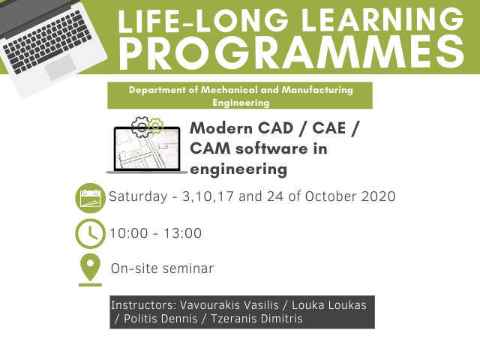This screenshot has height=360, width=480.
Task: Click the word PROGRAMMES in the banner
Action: click(x=292, y=53)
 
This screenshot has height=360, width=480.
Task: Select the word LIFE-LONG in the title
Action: click(x=203, y=20)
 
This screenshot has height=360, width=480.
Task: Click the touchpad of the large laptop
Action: click(x=60, y=67)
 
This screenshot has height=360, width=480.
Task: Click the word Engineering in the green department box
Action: click(x=241, y=103)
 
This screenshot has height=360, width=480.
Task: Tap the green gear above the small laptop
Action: click(x=155, y=125)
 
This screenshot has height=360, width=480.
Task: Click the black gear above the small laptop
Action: click(x=141, y=127)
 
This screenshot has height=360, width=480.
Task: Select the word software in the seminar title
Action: click(x=271, y=148)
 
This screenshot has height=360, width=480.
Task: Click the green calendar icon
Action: click(x=90, y=198)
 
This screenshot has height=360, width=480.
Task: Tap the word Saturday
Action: click(x=138, y=196)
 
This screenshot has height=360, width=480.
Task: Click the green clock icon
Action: click(x=90, y=233)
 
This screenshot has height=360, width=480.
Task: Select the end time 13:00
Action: click(x=183, y=233)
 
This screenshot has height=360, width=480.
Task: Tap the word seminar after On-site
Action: click(x=188, y=268)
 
